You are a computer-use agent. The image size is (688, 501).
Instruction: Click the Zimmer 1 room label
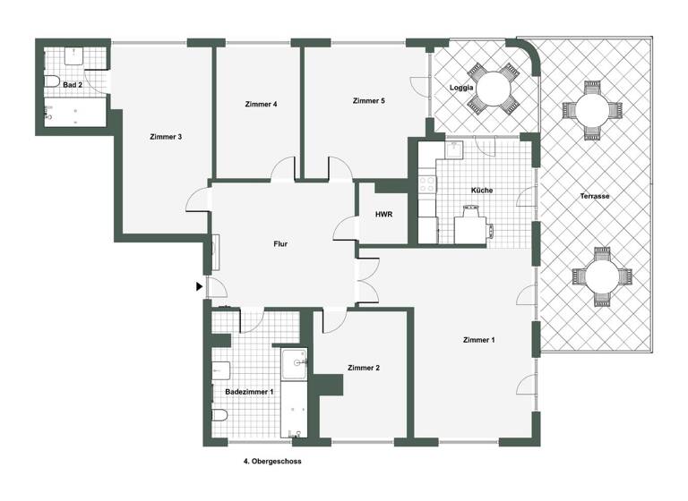477,340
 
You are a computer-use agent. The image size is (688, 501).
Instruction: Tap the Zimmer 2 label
364,368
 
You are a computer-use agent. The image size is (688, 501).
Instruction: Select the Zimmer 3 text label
166,137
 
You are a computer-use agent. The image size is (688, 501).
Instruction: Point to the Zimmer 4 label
261,105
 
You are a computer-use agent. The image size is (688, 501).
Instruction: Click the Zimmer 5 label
368,101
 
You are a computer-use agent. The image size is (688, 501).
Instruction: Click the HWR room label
384,215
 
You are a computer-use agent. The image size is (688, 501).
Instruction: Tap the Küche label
481,191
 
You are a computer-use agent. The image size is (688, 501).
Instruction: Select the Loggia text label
460,88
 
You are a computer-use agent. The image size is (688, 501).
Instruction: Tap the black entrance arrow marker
198,286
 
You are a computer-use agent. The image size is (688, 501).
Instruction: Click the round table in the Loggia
494,89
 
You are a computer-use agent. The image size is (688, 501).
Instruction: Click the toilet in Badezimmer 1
219,416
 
